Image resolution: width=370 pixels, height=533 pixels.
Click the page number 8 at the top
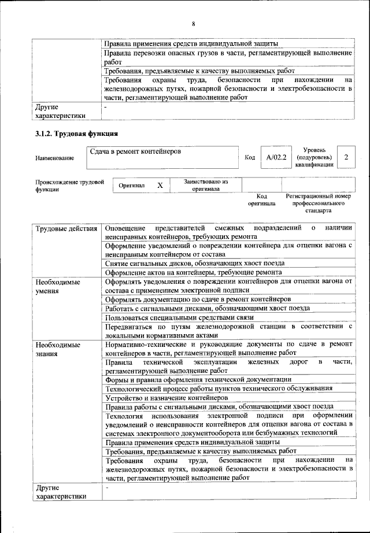click(x=193, y=24)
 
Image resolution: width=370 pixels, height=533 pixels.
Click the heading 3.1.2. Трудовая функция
click(x=77, y=135)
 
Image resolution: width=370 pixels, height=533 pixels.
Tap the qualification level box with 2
click(x=346, y=157)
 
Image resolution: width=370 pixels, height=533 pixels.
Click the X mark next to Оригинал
click(x=160, y=185)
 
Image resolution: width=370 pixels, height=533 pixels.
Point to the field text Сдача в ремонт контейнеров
click(x=135, y=151)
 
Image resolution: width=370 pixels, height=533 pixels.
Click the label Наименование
click(x=54, y=158)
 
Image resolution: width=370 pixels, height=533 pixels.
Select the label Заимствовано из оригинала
click(x=206, y=185)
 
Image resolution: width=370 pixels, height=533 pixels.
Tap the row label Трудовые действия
click(x=66, y=228)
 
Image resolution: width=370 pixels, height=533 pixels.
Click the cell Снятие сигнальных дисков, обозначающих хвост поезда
click(x=195, y=262)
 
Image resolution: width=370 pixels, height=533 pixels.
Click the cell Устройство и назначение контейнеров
click(x=167, y=398)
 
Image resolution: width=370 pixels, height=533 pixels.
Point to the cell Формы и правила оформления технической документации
click(x=198, y=379)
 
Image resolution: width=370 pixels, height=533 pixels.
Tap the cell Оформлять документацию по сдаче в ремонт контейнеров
click(x=198, y=299)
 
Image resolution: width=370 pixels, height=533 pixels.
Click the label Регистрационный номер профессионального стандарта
click(x=318, y=204)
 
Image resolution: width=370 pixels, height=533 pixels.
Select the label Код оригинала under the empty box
click(x=261, y=200)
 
